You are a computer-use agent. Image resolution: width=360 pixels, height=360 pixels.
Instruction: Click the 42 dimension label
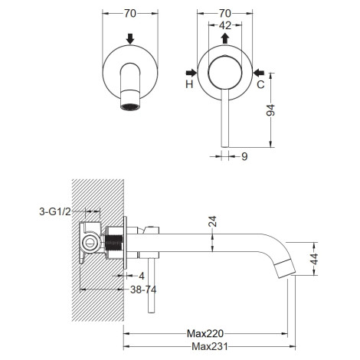pos(225,25)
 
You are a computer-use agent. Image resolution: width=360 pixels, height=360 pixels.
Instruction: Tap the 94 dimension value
pos(270,110)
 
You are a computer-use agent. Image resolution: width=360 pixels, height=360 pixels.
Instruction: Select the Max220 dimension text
pos(205,333)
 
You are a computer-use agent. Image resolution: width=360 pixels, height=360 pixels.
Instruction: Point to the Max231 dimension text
pos(210,346)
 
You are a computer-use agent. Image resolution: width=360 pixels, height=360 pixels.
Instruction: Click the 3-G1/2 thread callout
pos(55,211)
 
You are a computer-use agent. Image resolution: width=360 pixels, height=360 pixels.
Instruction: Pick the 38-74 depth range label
pos(143,290)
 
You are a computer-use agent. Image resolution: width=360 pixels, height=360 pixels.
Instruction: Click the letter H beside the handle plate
pos(189,84)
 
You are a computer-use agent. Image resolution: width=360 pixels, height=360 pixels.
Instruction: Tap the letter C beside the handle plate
pos(260,84)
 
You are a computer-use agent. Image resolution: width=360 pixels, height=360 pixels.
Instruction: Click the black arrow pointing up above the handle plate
pos(225,38)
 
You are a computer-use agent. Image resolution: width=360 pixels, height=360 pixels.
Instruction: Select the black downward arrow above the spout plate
pos(130,39)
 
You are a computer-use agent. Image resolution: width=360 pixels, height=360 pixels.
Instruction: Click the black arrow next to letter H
pos(191,73)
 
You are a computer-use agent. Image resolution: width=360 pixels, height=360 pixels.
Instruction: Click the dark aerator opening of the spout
pos(130,107)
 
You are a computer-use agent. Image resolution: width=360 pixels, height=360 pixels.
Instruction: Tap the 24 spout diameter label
pos(213,221)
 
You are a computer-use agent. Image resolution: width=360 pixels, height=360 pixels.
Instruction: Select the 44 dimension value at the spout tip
pos(315,259)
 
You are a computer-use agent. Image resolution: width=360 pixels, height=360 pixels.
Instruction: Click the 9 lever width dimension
pos(244,156)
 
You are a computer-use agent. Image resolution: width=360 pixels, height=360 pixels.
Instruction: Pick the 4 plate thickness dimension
pos(142,276)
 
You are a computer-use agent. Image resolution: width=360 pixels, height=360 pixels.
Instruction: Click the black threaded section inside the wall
pos(113,243)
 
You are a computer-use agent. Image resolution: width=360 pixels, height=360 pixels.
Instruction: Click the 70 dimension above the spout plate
pos(130,14)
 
